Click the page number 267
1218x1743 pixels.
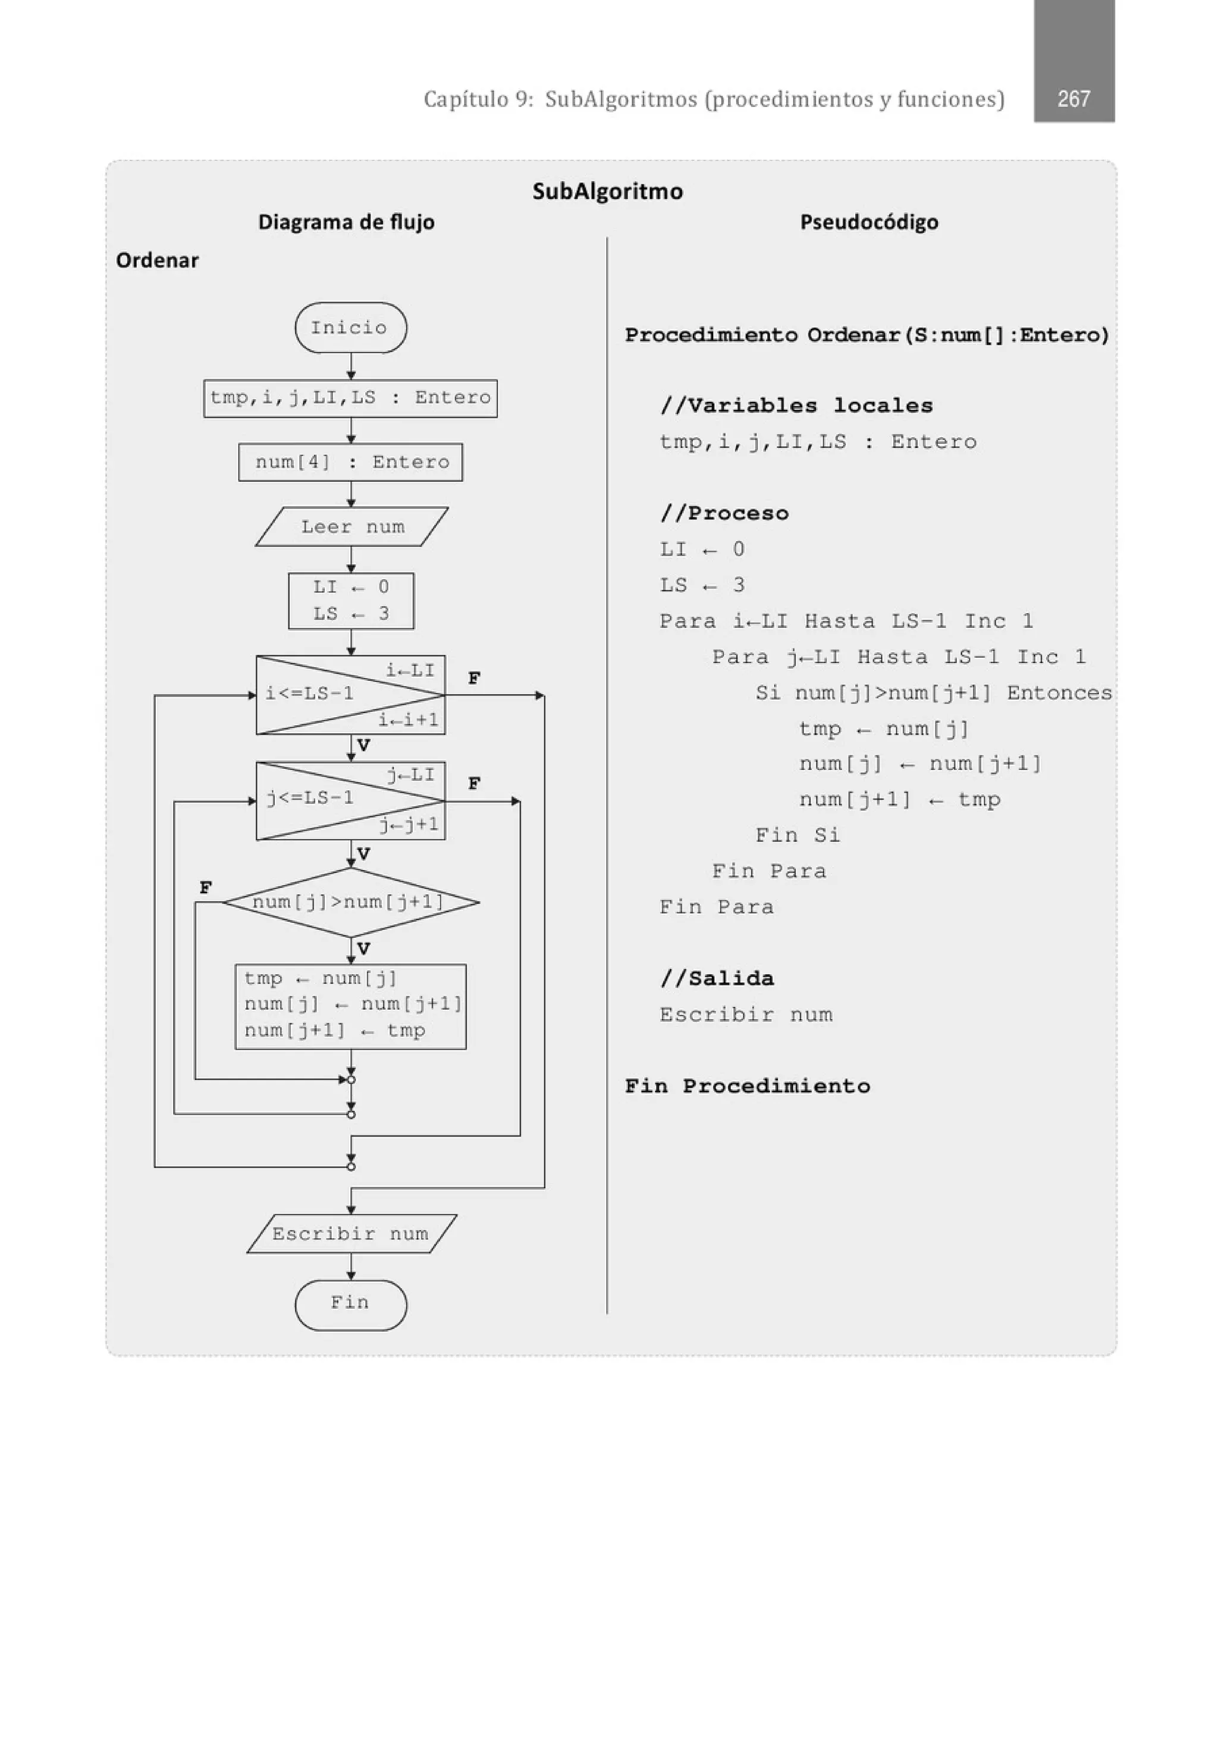coord(1073,99)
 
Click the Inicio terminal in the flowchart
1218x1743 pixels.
coord(350,327)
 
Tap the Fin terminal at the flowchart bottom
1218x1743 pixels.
coord(350,1304)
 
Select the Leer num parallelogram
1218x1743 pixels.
coord(351,527)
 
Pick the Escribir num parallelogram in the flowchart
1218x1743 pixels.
coord(351,1233)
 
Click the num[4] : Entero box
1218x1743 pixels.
coord(350,461)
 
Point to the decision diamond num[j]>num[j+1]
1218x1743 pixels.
coord(350,902)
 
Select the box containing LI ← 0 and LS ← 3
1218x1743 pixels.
coord(351,601)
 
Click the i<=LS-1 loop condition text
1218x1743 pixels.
coord(309,693)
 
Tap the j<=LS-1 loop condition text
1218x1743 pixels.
coord(309,798)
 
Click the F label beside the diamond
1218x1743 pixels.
coord(206,887)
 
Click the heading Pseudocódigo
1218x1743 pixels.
coord(869,222)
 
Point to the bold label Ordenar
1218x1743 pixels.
coord(157,260)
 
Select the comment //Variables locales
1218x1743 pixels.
coord(796,406)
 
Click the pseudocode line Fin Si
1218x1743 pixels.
coord(798,835)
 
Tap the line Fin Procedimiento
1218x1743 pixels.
coord(747,1085)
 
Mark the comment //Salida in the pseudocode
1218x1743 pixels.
coord(717,978)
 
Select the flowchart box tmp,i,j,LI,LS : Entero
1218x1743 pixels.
coord(350,398)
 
